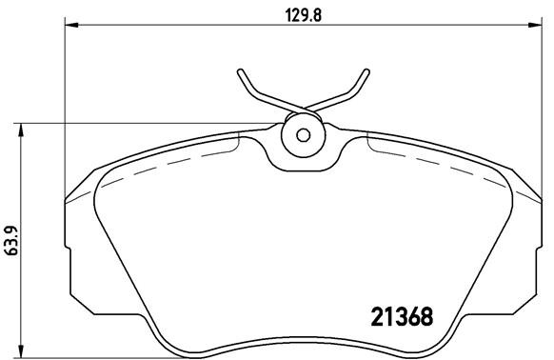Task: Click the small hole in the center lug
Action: pyautogui.click(x=304, y=134)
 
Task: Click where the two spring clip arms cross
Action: pyautogui.click(x=304, y=107)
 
